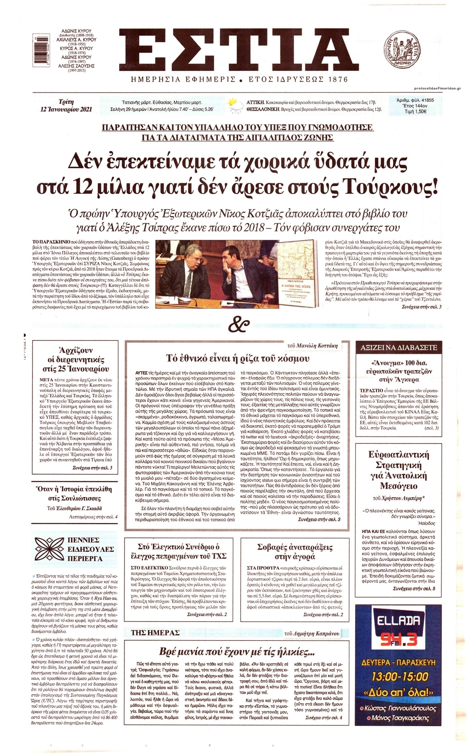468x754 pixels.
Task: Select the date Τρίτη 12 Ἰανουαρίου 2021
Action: click(66, 106)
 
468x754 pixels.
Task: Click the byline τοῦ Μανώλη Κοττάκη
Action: click(313, 345)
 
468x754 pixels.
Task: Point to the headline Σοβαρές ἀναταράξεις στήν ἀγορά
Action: click(295, 552)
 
